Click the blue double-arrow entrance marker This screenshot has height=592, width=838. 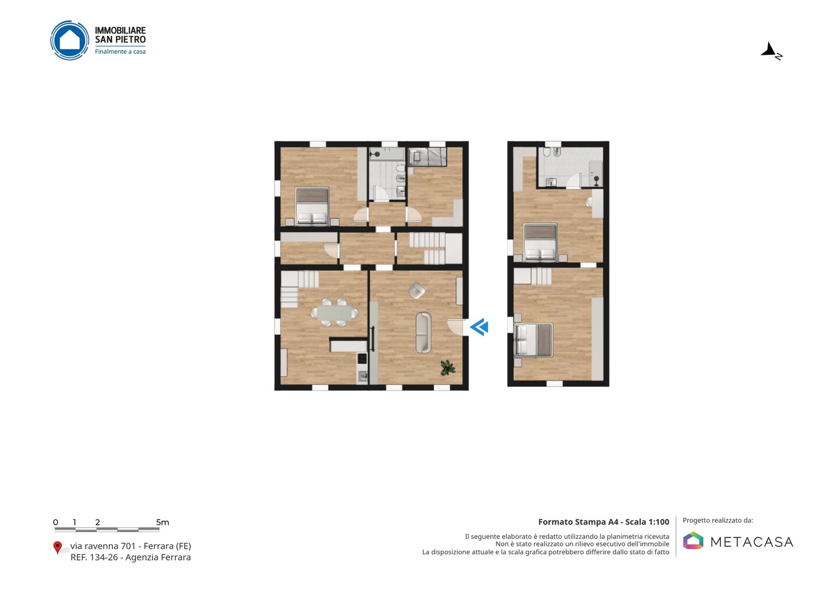[x=480, y=327]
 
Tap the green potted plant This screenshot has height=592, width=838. [x=448, y=368]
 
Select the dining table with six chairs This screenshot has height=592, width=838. [x=334, y=312]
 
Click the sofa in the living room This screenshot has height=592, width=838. [x=424, y=332]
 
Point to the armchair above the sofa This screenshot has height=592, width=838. [x=417, y=290]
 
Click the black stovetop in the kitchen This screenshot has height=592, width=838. [x=362, y=359]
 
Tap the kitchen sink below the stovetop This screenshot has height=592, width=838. [x=362, y=376]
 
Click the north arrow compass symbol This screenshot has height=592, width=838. [x=772, y=51]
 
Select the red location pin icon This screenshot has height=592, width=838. [x=57, y=548]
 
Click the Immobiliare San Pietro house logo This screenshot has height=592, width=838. [x=70, y=40]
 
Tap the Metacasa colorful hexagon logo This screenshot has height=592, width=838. [x=693, y=540]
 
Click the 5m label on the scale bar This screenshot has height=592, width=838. [x=162, y=522]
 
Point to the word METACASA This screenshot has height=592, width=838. [x=752, y=542]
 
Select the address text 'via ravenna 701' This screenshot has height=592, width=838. [x=103, y=546]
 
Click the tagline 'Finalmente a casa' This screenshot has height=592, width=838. [x=120, y=52]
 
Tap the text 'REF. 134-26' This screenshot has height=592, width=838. [x=94, y=557]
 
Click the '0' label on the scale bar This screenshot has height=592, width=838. [x=56, y=522]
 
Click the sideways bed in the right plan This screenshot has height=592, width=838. [x=534, y=340]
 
